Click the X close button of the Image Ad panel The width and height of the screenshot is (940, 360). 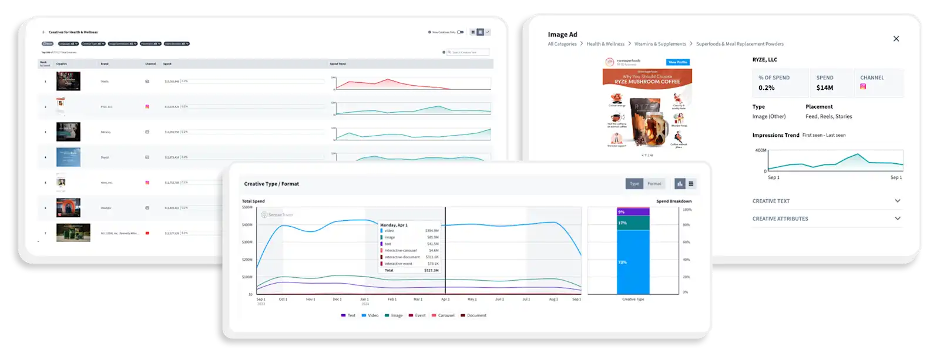tap(896, 39)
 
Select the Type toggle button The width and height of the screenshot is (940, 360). tap(634, 184)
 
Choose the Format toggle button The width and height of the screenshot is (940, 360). tap(654, 184)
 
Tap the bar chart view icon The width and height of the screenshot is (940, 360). tap(680, 184)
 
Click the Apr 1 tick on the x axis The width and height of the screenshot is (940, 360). tap(445, 300)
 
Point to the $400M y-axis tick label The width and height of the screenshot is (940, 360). tap(247, 225)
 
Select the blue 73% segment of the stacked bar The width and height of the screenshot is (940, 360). tap(633, 262)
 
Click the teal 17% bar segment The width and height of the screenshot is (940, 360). tap(633, 223)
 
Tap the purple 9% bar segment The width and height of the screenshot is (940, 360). tap(633, 212)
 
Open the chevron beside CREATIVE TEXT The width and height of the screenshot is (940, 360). tap(897, 201)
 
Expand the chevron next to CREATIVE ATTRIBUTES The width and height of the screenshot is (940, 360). tap(897, 218)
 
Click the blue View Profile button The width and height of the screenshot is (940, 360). tap(678, 62)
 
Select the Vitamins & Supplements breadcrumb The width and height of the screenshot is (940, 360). tap(660, 44)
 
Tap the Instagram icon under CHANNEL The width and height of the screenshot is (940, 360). tap(863, 86)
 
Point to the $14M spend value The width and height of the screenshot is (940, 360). tap(824, 88)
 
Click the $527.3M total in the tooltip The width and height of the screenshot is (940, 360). tap(431, 271)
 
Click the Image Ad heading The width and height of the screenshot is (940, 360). tap(562, 35)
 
